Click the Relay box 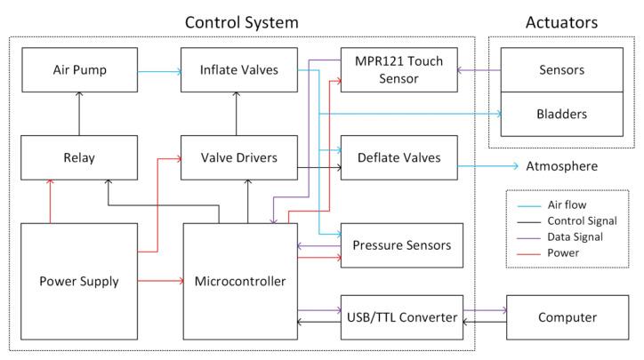[78, 157]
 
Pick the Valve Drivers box [237, 157]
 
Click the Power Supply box [78, 282]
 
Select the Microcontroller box [239, 282]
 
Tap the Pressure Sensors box [401, 245]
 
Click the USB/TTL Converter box [401, 317]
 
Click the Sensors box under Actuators [560, 68]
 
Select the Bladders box [560, 114]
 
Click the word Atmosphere [560, 166]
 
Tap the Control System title [241, 20]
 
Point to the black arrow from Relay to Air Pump [78, 114]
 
